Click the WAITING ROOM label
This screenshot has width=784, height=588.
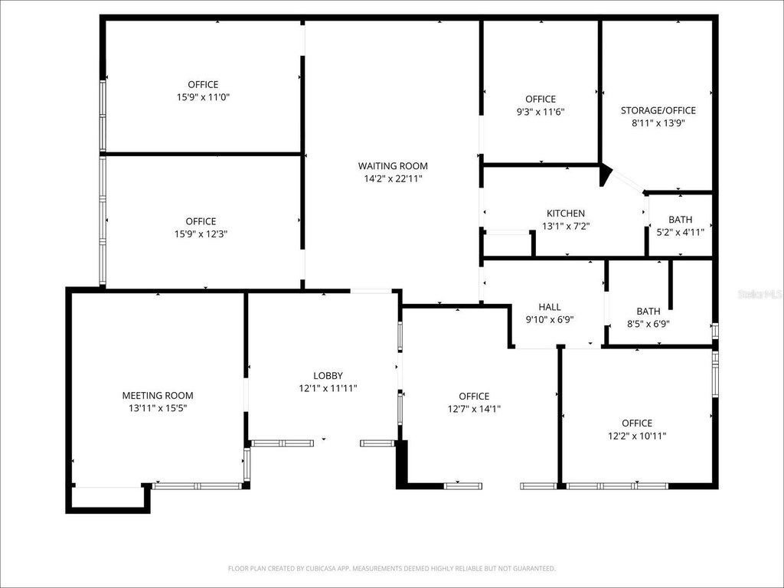[393, 166]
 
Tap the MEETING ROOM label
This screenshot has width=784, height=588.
[158, 396]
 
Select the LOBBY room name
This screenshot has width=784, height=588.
[328, 375]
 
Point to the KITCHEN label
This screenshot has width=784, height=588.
[566, 214]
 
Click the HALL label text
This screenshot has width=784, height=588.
[550, 307]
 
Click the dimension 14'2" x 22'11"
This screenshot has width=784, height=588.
[393, 178]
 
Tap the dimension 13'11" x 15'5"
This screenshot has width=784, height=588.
[158, 408]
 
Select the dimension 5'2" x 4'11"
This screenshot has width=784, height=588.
[680, 232]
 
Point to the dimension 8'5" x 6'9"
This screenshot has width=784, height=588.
[648, 324]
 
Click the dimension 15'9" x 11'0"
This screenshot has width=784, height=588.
[203, 97]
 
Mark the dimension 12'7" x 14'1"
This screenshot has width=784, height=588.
[474, 409]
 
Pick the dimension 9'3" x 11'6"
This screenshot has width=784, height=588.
[541, 112]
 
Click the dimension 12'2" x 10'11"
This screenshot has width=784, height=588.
[637, 436]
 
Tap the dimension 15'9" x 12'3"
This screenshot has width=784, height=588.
[201, 234]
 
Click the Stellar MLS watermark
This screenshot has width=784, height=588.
[760, 294]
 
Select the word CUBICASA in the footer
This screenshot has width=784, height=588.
[318, 569]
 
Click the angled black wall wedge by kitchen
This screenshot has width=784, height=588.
[606, 175]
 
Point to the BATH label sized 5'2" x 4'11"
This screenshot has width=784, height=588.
[680, 220]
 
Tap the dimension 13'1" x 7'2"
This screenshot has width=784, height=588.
[566, 226]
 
